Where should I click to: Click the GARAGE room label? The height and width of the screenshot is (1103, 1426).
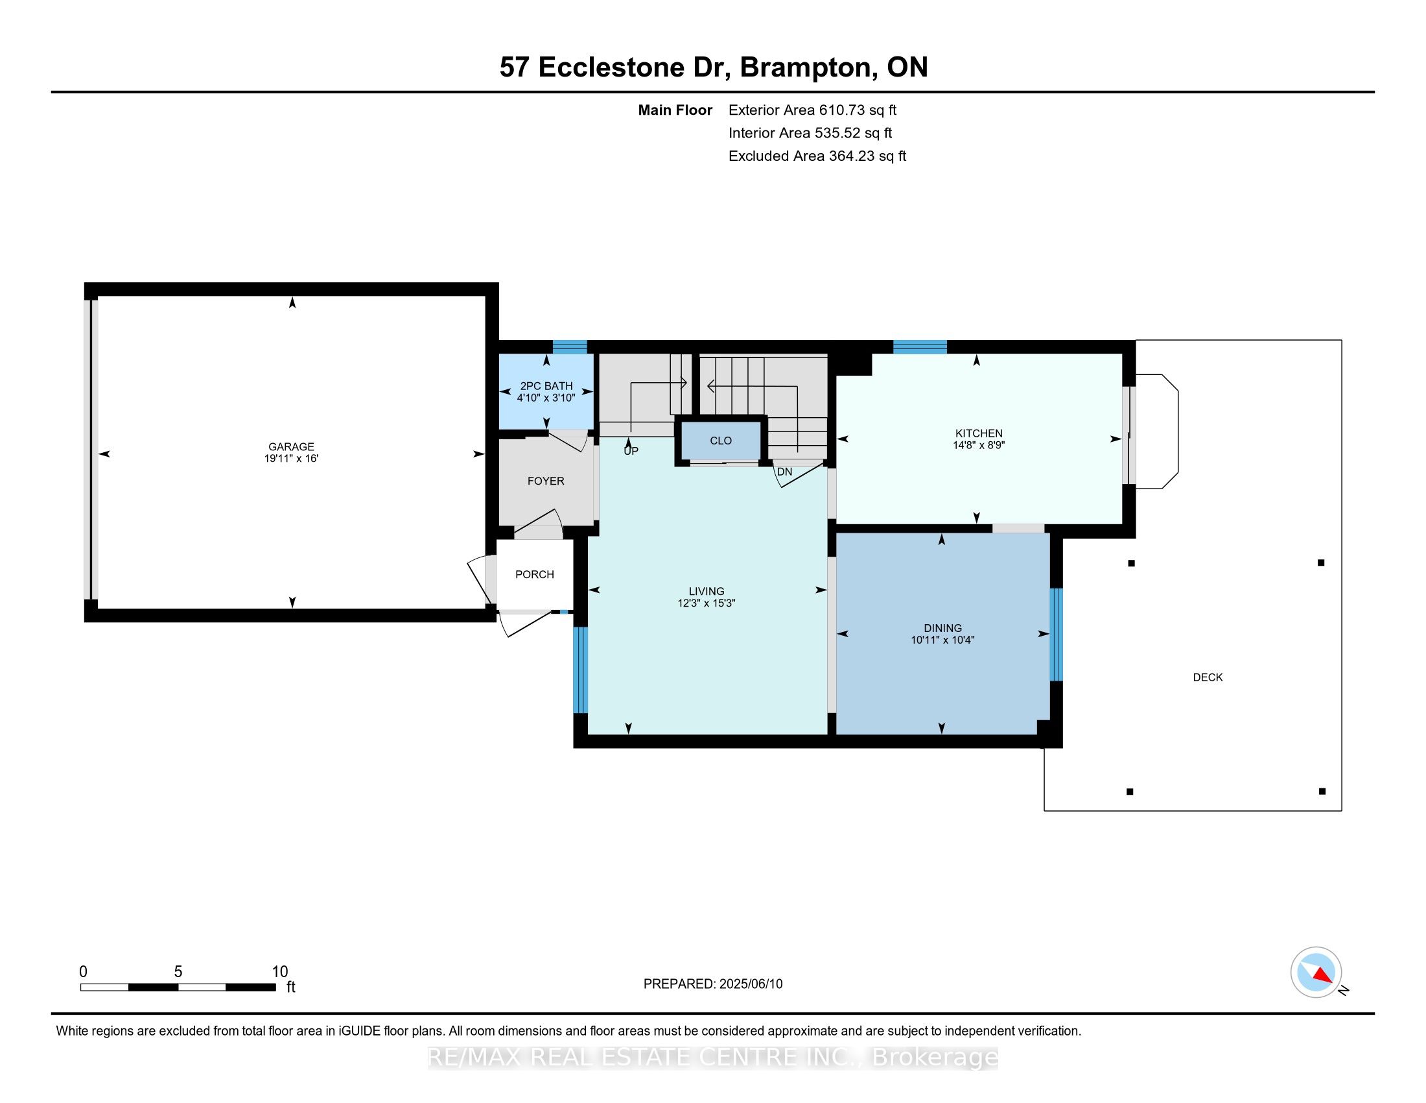point(291,447)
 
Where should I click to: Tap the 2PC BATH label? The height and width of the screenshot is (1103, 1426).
point(546,386)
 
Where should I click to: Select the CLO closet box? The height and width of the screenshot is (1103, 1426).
point(721,441)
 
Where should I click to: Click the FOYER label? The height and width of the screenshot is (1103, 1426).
point(546,481)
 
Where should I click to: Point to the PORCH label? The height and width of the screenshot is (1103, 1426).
point(534,574)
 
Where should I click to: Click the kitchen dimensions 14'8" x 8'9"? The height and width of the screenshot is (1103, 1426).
point(978,446)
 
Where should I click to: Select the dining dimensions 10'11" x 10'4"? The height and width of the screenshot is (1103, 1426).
point(942,640)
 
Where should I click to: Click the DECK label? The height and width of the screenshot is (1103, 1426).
point(1208,677)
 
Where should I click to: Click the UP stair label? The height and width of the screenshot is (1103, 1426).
point(631,451)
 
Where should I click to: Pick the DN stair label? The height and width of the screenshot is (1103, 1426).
point(784,472)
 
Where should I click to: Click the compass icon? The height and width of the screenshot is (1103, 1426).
point(1316,972)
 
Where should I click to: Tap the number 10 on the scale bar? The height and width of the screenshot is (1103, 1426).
point(279,972)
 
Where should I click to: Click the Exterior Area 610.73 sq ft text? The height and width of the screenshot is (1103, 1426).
point(812,110)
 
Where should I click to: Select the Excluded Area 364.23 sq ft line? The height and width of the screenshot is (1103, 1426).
point(817,156)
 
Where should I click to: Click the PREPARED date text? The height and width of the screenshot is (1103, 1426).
point(712,984)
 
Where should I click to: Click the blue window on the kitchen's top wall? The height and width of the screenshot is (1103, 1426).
point(919,347)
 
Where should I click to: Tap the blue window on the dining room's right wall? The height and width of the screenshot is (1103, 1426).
point(1056,635)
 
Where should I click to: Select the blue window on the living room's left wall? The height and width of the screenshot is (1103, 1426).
point(580,669)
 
